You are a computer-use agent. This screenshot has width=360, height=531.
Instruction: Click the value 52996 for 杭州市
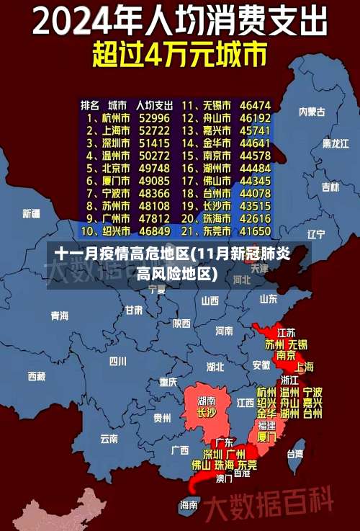click(155, 117)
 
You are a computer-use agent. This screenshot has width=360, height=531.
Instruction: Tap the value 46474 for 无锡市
click(256, 105)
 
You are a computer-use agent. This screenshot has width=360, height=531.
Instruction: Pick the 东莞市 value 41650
click(256, 231)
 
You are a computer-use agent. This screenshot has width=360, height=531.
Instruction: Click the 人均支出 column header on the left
click(155, 105)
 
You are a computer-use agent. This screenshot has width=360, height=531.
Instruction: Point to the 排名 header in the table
click(90, 105)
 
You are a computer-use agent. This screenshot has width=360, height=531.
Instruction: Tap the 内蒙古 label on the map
click(312, 112)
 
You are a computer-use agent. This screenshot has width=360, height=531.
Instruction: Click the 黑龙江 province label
click(336, 143)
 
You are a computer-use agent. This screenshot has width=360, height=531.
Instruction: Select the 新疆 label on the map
click(31, 213)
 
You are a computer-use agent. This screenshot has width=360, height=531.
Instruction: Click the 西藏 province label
click(36, 375)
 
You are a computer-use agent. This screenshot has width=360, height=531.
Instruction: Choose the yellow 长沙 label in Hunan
click(207, 414)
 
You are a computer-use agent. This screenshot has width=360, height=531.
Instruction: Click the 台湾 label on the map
click(295, 454)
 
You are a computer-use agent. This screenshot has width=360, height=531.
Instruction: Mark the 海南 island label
click(189, 504)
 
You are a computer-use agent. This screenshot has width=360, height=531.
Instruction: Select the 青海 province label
click(60, 316)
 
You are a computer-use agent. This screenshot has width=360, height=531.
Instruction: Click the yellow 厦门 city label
click(266, 437)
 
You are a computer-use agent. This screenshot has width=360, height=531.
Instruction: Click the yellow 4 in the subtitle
click(162, 54)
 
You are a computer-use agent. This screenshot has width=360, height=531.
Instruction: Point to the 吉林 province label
click(330, 187)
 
